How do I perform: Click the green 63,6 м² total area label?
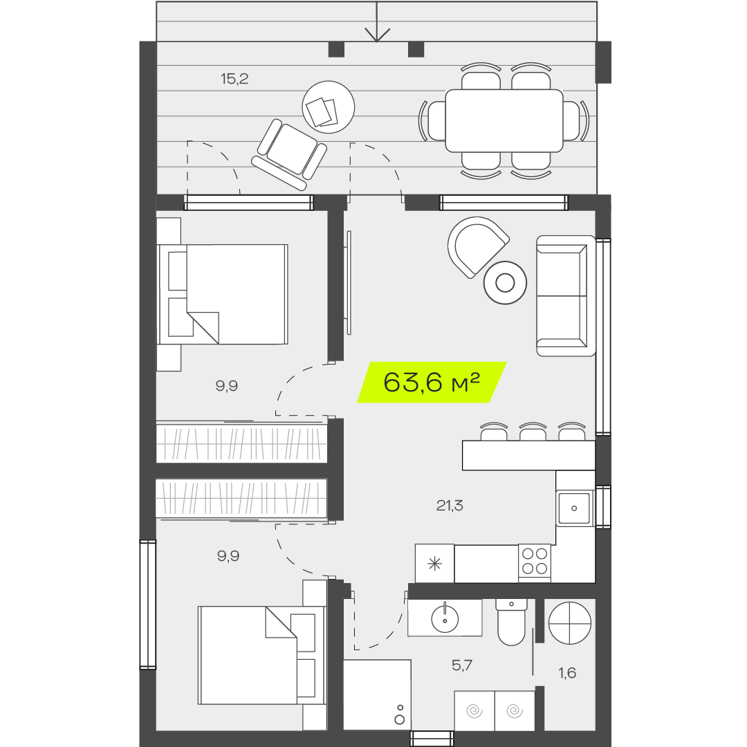pos(432,382)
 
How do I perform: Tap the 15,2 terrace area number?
pos(234,79)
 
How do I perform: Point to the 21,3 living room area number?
pos(450,505)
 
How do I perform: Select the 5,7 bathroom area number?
pos(462,665)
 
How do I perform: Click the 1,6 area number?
pos(567,673)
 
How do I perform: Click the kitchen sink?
pos(574,508)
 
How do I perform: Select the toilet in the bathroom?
pos(511,622)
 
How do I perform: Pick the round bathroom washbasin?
pos(445,619)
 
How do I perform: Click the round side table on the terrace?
pos(329,107)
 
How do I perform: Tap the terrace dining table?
pos(504,121)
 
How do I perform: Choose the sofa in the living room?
pos(566,296)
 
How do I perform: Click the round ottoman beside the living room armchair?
pos(505,283)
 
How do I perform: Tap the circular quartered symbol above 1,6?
pos(570,622)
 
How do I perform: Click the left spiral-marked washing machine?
pos(474,711)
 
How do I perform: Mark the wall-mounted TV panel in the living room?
pos(349,282)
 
